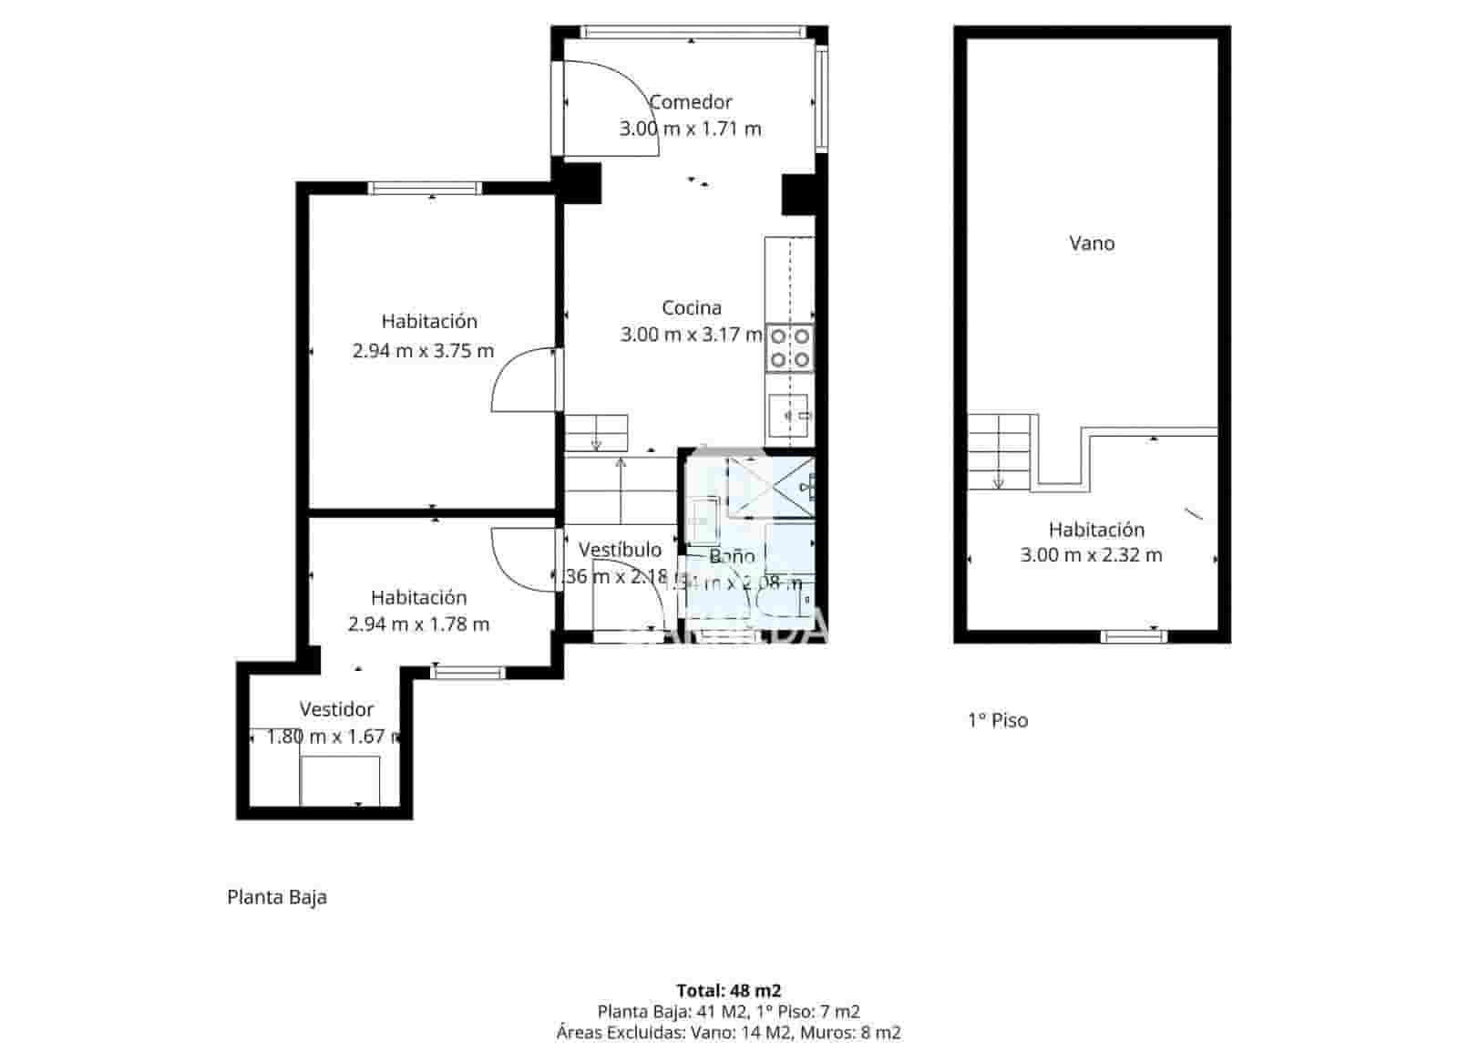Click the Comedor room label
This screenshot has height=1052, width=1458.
click(x=691, y=102)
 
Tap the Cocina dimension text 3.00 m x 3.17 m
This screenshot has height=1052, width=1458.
click(x=691, y=335)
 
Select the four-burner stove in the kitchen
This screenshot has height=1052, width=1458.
click(x=789, y=348)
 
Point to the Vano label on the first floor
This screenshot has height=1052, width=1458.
click(x=1092, y=243)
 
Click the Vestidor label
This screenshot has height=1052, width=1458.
click(x=336, y=709)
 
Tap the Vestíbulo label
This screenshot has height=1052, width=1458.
click(x=620, y=550)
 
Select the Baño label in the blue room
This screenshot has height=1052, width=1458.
click(x=732, y=556)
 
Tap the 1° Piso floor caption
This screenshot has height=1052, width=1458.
click(x=998, y=720)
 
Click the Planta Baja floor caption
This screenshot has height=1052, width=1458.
click(x=277, y=897)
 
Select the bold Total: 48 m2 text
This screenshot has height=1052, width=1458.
click(x=728, y=990)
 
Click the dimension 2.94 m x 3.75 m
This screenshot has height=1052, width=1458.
click(x=423, y=350)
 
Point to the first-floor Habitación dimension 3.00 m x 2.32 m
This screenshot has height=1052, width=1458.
click(x=1092, y=555)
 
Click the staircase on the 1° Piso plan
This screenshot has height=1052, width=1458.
click(x=1000, y=452)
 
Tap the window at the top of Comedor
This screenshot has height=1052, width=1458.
click(x=693, y=32)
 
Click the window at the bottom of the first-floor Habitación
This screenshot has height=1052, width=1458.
click(x=1134, y=635)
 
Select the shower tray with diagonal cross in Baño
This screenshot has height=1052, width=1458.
click(x=771, y=486)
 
